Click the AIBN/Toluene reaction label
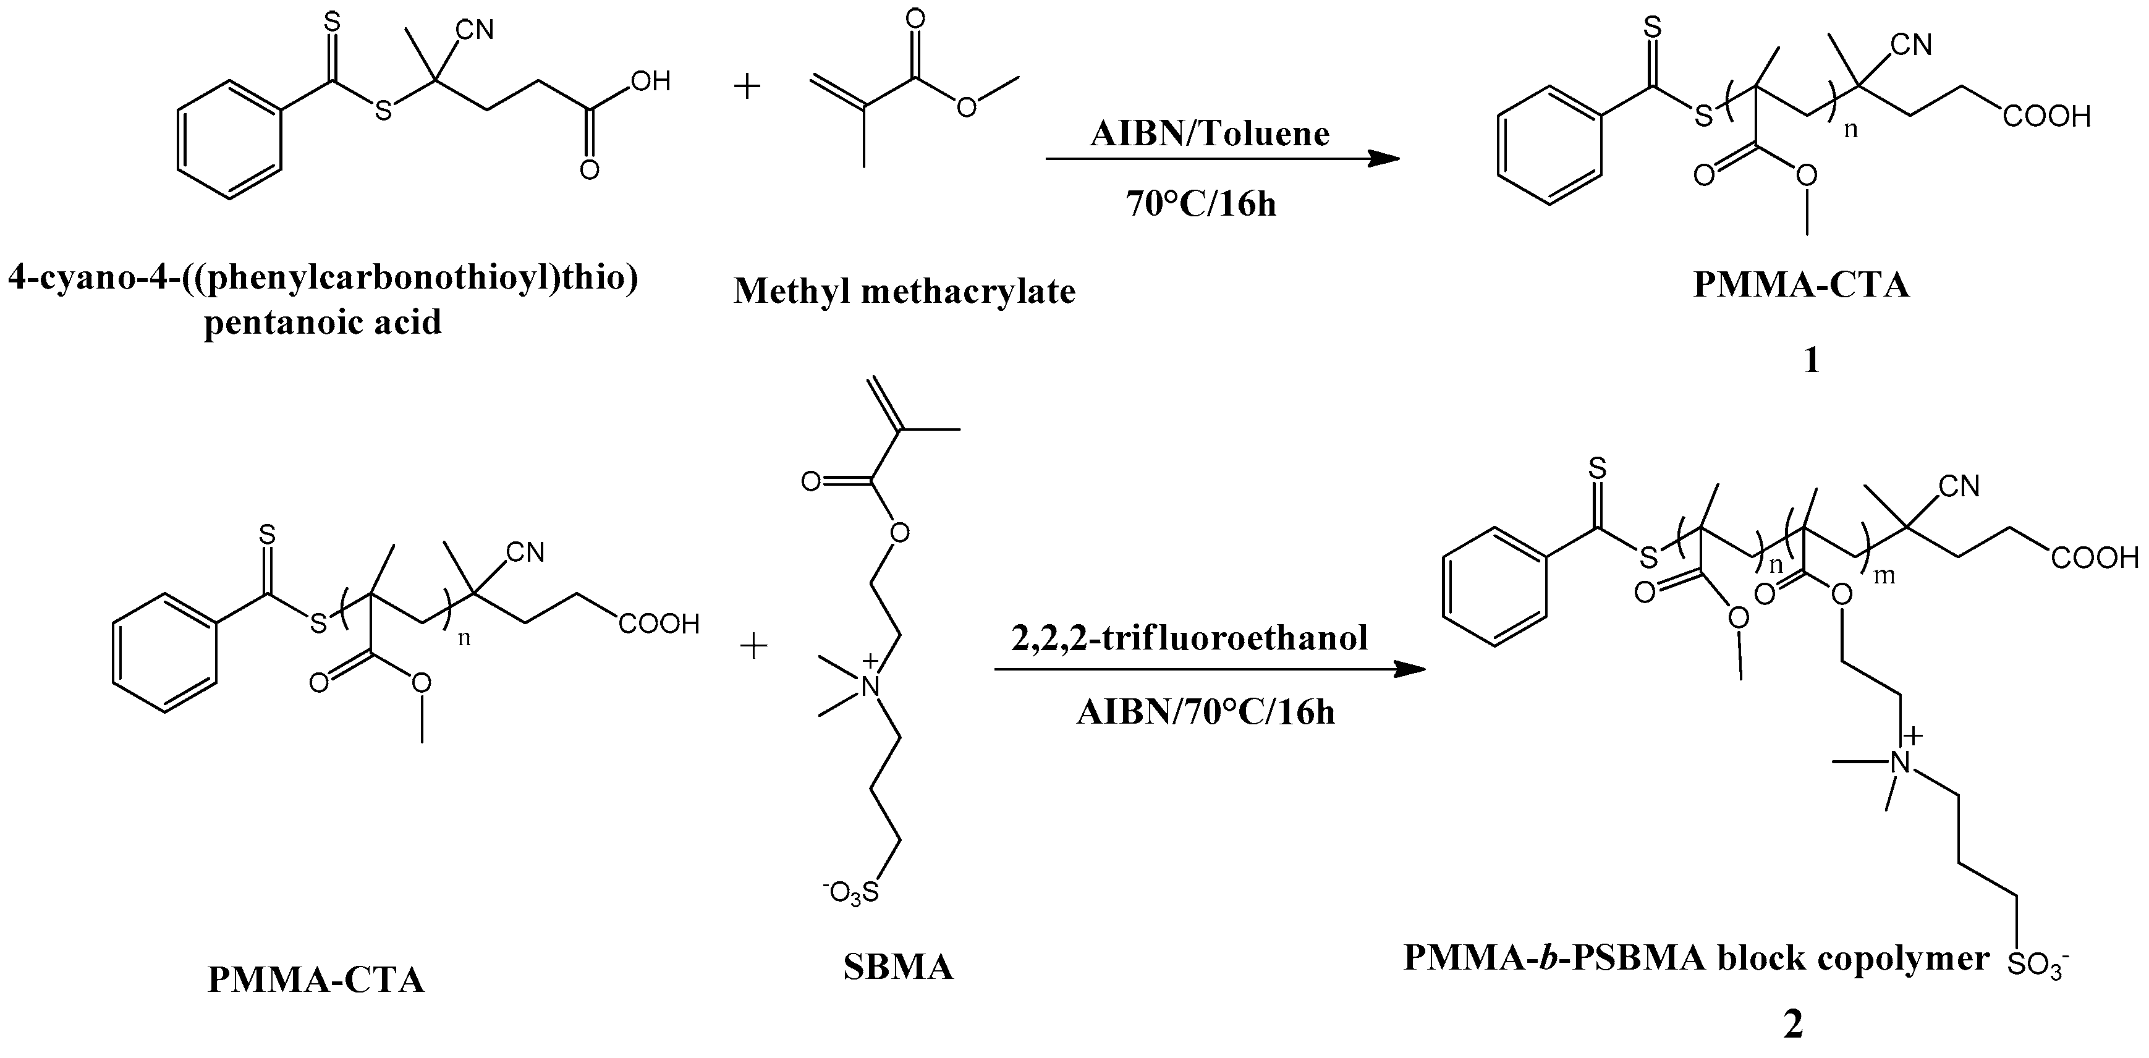(1209, 133)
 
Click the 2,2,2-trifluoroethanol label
(1189, 638)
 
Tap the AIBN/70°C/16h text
(1205, 712)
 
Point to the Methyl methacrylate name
(904, 291)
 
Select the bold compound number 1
(1811, 360)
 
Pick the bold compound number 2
(1793, 1025)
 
